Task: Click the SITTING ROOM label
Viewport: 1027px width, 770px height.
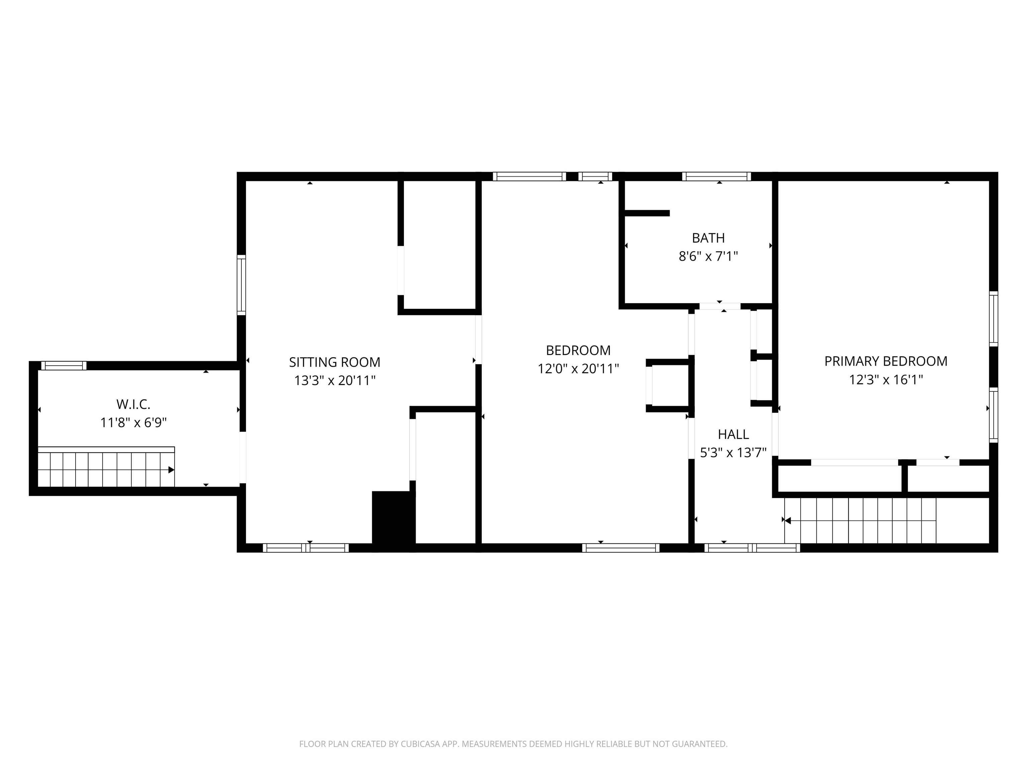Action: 334,362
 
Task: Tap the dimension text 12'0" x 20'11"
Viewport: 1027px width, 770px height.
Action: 578,369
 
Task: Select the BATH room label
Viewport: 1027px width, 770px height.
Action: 708,238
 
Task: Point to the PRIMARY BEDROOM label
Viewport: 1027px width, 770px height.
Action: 885,361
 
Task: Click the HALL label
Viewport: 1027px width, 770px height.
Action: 733,434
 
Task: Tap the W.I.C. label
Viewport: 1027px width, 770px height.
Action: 133,404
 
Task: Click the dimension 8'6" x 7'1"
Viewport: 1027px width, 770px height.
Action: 708,256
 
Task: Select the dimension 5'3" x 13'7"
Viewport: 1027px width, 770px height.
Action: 733,453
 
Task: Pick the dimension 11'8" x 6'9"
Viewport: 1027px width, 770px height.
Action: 133,423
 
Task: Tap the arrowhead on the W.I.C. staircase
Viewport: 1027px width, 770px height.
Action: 171,470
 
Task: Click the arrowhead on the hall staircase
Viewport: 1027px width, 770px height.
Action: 787,521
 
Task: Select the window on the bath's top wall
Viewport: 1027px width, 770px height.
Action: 716,176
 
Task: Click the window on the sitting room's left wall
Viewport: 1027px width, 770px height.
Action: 241,284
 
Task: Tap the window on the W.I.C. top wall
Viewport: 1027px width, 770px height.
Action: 64,366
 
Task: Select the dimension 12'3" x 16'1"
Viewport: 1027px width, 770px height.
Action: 885,380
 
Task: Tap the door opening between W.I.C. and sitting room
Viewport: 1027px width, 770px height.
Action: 242,457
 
